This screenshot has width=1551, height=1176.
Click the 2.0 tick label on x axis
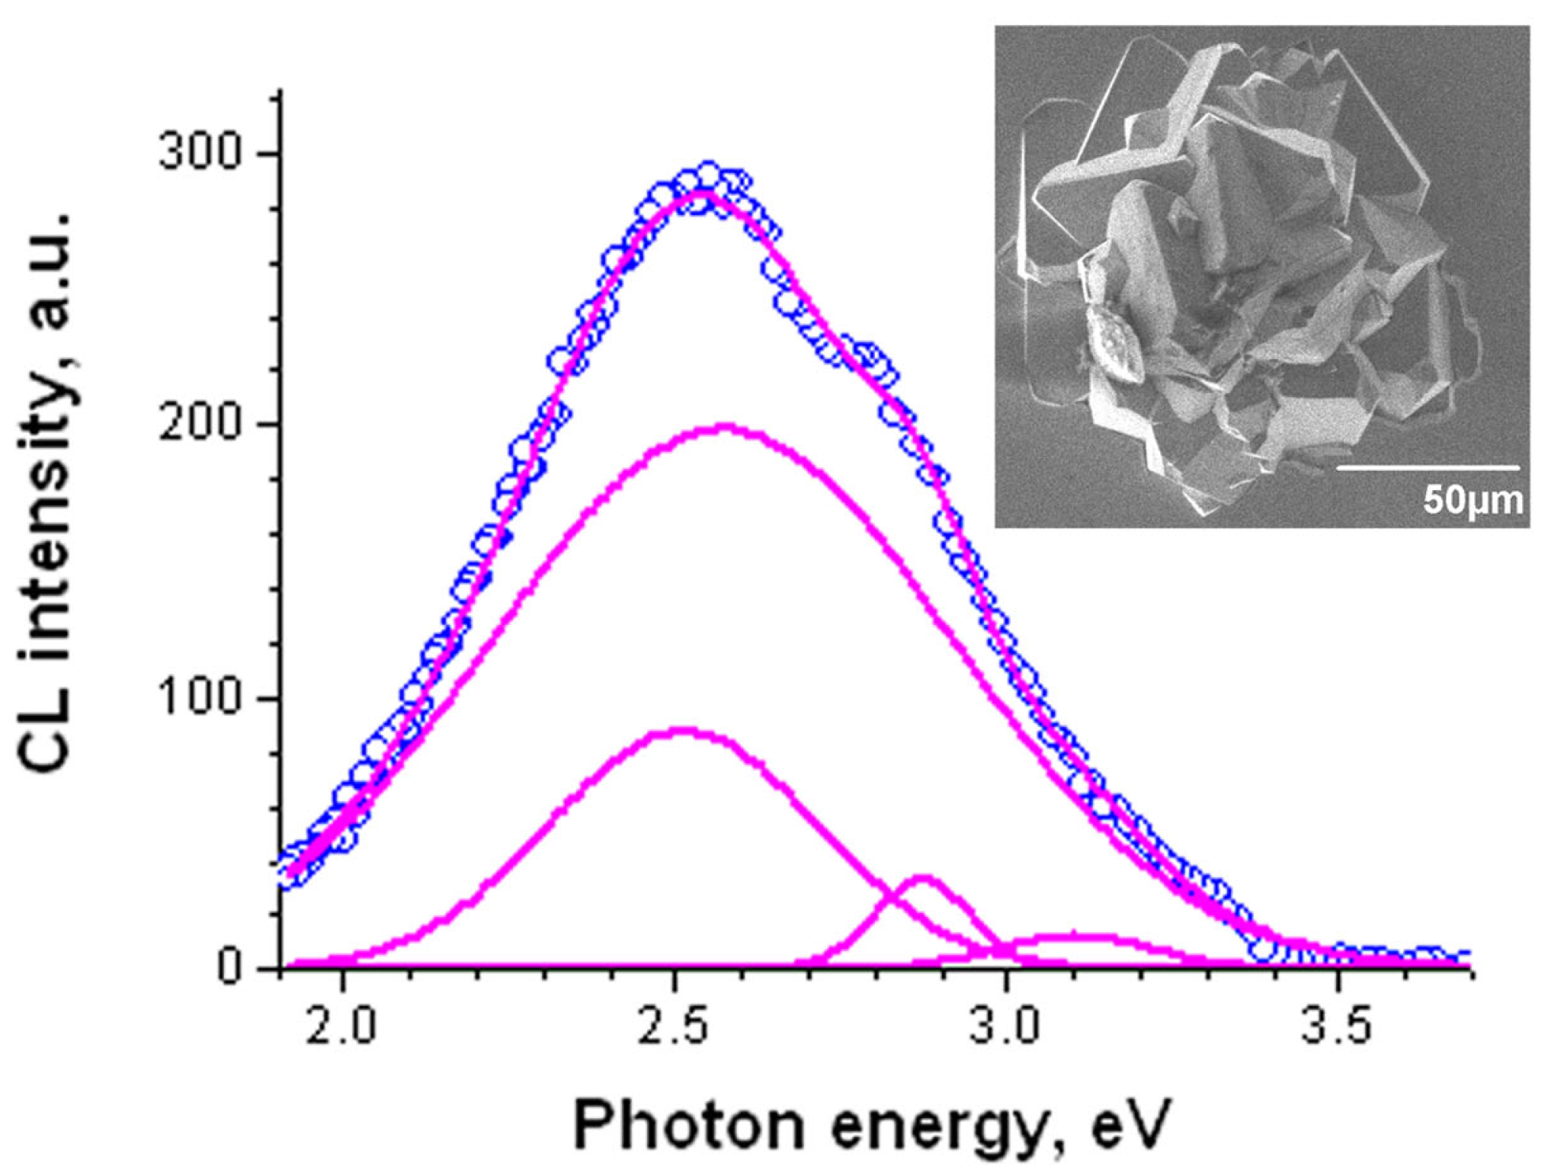[x=343, y=1027]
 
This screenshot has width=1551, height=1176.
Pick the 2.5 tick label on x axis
[x=674, y=1027]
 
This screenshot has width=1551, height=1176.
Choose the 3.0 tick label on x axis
[x=1005, y=1027]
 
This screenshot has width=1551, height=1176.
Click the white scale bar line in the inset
[x=1428, y=468]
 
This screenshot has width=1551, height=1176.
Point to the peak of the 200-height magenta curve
[x=726, y=427]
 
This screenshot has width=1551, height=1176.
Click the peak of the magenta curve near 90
[x=683, y=730]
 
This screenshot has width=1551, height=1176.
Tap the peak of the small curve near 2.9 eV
[x=923, y=878]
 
